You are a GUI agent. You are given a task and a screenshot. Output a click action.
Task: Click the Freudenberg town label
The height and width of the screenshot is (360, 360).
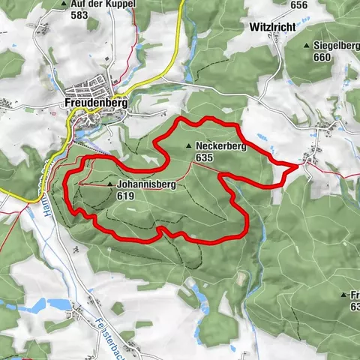(95, 101)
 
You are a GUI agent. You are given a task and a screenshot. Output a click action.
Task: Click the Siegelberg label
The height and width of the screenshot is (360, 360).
(336, 46)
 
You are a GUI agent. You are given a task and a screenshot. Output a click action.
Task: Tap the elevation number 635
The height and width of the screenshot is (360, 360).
(202, 158)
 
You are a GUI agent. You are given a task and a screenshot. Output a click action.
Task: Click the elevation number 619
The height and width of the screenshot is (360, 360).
(125, 195)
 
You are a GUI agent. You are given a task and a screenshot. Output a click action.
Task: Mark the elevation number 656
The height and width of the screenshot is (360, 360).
(299, 4)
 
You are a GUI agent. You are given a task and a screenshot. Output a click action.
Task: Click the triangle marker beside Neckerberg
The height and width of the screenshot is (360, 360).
(187, 147)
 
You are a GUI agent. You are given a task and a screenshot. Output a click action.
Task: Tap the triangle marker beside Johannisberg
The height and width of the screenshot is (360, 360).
(110, 184)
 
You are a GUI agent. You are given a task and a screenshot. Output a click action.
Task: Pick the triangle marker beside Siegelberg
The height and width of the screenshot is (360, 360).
(307, 46)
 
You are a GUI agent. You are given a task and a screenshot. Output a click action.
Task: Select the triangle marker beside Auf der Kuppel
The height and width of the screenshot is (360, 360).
(65, 4)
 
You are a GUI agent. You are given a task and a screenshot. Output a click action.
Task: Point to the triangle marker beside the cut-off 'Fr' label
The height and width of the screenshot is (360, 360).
(343, 295)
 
